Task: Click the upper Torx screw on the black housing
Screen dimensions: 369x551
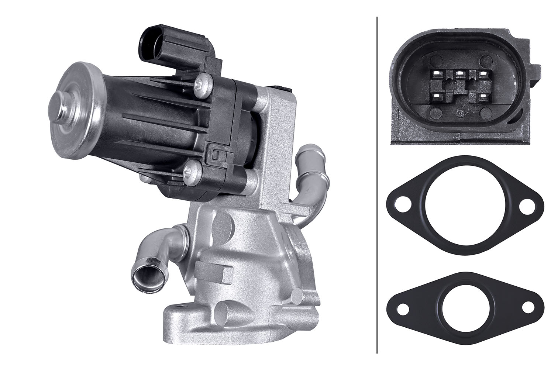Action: (x=202, y=86)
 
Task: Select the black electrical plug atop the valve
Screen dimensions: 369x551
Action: (x=155, y=43)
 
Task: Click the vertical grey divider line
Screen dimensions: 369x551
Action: (x=376, y=184)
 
